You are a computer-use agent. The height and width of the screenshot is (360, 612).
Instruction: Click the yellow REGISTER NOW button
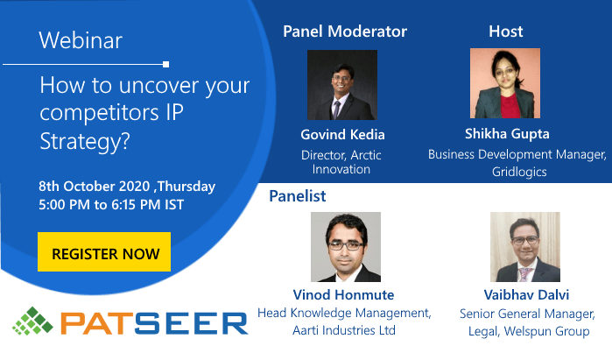click(x=104, y=252)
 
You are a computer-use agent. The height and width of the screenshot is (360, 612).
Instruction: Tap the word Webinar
click(x=81, y=40)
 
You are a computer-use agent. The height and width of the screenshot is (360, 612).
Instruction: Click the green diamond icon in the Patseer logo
click(x=32, y=321)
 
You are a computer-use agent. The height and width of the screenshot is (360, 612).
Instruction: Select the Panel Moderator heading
click(x=345, y=32)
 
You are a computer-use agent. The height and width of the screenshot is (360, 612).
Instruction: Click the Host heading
click(x=506, y=32)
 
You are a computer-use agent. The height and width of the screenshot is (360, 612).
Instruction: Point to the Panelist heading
click(x=298, y=196)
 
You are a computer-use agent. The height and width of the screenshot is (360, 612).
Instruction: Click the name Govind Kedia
click(x=342, y=135)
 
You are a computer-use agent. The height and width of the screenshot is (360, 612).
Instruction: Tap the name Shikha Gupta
click(x=507, y=134)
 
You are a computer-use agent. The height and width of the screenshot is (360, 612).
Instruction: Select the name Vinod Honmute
click(x=343, y=295)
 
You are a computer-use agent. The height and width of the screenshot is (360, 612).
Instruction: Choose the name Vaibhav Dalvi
click(x=526, y=295)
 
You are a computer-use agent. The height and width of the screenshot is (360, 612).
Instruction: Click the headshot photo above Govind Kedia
click(x=342, y=85)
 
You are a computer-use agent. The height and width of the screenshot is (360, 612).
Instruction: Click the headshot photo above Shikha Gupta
click(x=505, y=83)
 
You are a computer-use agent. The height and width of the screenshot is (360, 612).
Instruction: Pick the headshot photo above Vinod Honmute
click(x=346, y=247)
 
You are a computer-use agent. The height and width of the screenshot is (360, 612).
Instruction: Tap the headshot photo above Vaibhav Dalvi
click(x=525, y=247)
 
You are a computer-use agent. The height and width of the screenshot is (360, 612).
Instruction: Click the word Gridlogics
click(x=519, y=172)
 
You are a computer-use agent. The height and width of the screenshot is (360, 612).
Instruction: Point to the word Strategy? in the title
click(x=85, y=141)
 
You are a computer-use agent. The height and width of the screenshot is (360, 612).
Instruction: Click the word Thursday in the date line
click(x=186, y=187)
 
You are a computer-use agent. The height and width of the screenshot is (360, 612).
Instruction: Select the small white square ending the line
click(x=165, y=65)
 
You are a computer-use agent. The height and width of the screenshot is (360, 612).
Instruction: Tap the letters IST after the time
click(x=173, y=205)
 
